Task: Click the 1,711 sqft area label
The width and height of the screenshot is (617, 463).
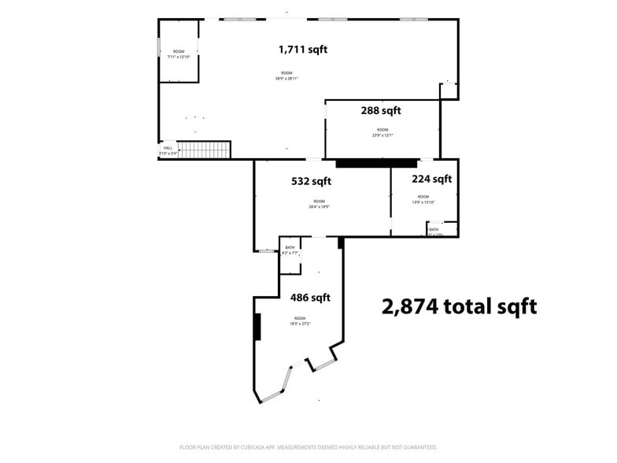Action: pyautogui.click(x=303, y=50)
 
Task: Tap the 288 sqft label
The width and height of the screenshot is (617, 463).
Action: pyautogui.click(x=381, y=111)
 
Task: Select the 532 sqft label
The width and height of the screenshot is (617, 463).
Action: pyautogui.click(x=311, y=181)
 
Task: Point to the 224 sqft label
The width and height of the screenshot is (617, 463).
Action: pyautogui.click(x=432, y=179)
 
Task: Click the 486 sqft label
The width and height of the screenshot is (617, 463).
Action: pyautogui.click(x=310, y=298)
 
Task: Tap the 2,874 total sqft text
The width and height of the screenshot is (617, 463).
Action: pyautogui.click(x=459, y=306)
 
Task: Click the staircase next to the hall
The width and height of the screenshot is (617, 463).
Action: pyautogui.click(x=204, y=149)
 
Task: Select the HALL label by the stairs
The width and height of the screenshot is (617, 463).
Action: pyautogui.click(x=168, y=147)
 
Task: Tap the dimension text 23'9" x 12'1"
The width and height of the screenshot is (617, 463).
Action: pyautogui.click(x=382, y=135)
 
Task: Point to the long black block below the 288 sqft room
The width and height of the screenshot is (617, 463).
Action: pyautogui.click(x=376, y=164)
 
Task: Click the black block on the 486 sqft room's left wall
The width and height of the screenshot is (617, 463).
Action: pyautogui.click(x=257, y=327)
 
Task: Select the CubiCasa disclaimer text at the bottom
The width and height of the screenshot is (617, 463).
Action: pyautogui.click(x=308, y=446)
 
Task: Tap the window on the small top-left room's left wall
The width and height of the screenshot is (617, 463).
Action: pyautogui.click(x=159, y=48)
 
